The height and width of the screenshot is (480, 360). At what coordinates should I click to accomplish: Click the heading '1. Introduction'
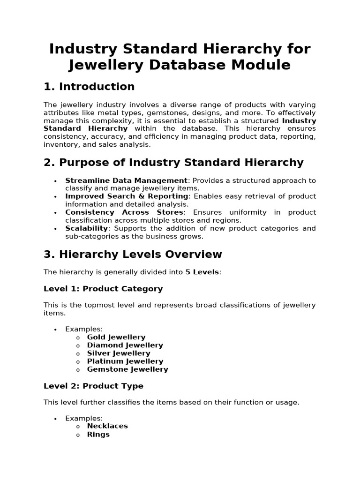click(89, 87)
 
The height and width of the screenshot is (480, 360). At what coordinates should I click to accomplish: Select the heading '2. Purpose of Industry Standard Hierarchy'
click(173, 163)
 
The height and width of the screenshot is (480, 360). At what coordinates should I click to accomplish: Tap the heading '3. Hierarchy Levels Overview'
click(133, 255)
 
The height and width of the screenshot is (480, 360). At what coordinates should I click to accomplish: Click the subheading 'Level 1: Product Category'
click(103, 289)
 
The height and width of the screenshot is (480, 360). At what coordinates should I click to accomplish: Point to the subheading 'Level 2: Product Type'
click(93, 386)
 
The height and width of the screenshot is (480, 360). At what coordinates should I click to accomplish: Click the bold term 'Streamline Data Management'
click(126, 180)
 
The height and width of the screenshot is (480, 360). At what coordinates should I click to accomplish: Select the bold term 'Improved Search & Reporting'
click(127, 196)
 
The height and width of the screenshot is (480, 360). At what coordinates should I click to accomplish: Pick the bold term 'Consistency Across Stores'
click(124, 212)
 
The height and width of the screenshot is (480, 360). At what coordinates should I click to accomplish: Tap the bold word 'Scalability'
click(86, 228)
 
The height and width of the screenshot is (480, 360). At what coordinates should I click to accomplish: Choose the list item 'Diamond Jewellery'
click(125, 345)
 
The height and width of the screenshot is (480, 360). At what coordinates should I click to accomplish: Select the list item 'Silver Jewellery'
click(119, 353)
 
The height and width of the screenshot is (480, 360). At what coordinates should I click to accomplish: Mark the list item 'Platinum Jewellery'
click(125, 361)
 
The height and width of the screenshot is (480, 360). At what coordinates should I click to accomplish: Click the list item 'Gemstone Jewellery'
click(127, 369)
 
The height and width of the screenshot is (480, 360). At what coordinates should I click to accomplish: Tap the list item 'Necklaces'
click(107, 426)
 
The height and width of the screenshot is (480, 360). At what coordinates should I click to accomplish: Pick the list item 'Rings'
click(98, 435)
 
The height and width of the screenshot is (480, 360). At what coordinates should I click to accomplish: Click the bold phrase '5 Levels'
click(202, 272)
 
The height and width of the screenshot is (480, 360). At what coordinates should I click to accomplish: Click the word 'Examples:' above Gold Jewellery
click(84, 329)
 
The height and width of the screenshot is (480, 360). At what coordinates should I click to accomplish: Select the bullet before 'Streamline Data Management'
click(55, 181)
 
